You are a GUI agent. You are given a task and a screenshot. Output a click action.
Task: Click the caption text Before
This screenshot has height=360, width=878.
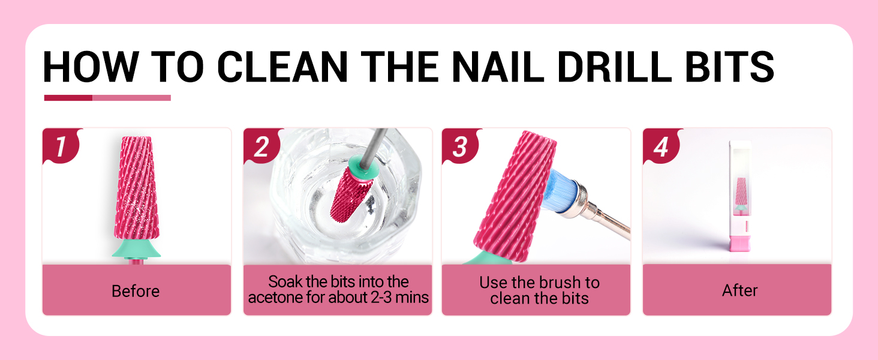136,292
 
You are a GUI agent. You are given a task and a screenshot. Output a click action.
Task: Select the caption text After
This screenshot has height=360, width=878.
739,290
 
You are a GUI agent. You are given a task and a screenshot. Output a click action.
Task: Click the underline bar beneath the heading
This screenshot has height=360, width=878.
107,98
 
